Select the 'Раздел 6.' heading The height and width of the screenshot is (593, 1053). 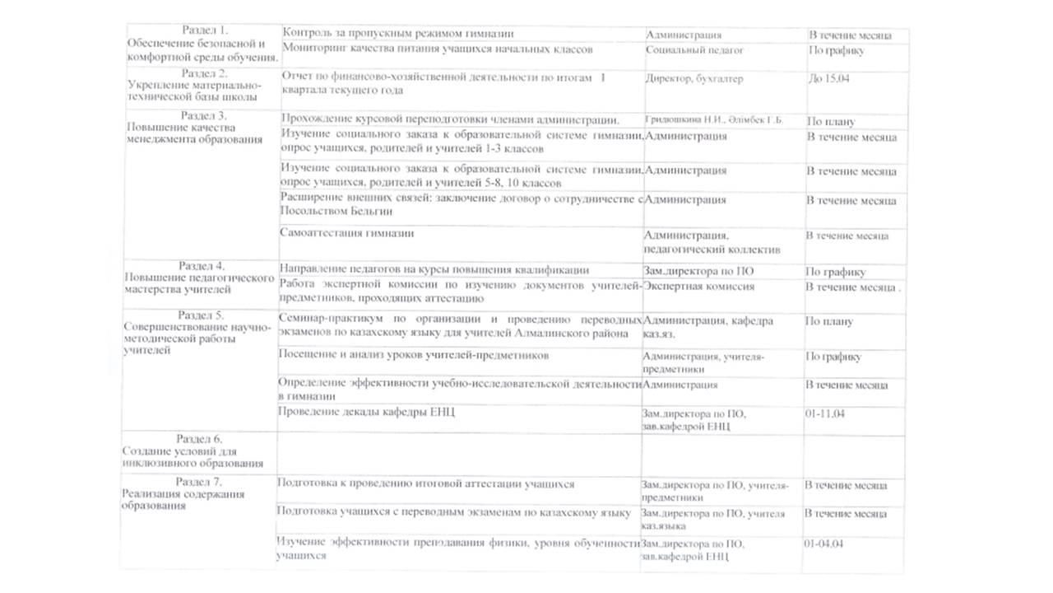click(x=202, y=439)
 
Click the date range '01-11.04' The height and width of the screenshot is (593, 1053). click(x=825, y=414)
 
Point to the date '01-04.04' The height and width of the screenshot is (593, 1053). click(x=825, y=544)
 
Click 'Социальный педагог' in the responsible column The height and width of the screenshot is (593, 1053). click(x=695, y=50)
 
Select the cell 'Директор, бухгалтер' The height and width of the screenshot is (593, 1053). click(x=695, y=79)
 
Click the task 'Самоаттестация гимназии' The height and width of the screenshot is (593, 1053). click(x=347, y=233)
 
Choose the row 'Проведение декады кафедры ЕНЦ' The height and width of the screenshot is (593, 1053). click(x=366, y=411)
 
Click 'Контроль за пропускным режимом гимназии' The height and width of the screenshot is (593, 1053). click(x=398, y=34)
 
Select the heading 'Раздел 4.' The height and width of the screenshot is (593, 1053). click(x=202, y=266)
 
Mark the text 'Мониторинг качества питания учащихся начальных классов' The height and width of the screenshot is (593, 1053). click(x=437, y=49)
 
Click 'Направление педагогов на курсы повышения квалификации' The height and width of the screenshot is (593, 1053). click(x=434, y=269)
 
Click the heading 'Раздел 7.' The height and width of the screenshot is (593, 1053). click(x=200, y=482)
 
